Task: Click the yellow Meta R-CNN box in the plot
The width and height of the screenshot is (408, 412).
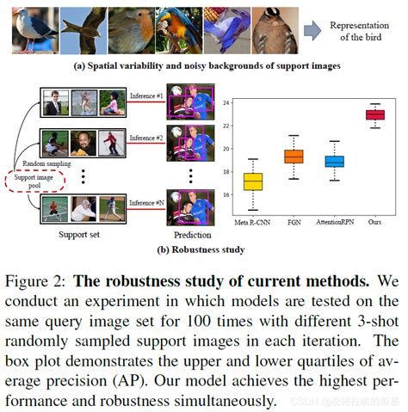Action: (253, 182)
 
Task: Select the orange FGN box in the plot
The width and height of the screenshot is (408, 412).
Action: (294, 157)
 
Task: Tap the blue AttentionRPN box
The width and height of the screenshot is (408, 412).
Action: (333, 161)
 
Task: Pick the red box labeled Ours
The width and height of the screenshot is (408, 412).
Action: (374, 114)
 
